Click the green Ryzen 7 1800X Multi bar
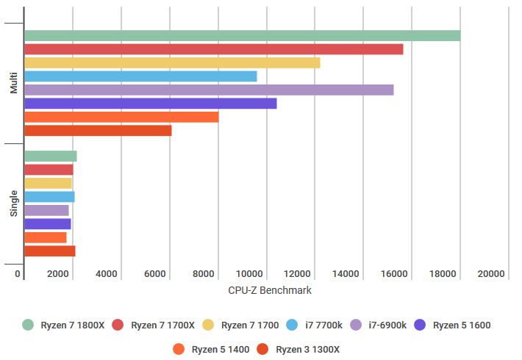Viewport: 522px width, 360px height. click(243, 35)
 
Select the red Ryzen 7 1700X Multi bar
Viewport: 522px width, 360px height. click(214, 49)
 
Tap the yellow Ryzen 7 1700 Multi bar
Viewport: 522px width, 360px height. click(173, 63)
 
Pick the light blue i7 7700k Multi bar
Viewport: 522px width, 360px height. click(141, 76)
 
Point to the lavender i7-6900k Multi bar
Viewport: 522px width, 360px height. click(209, 90)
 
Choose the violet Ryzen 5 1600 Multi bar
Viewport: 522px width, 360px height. click(151, 104)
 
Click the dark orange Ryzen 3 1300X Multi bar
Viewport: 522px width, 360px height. click(99, 131)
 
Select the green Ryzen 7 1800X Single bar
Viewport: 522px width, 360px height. click(51, 156)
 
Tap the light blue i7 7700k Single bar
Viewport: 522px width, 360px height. click(49, 197)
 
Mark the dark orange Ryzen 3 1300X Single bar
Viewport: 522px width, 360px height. click(50, 251)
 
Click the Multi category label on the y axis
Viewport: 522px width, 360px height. click(14, 83)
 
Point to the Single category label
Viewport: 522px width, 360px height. click(14, 204)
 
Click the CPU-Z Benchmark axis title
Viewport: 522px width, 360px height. click(270, 290)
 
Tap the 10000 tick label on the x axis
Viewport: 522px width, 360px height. click(249, 274)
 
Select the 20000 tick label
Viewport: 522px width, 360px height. click(491, 274)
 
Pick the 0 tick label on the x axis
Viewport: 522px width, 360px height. click(18, 274)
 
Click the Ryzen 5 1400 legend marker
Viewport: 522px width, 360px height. click(179, 349)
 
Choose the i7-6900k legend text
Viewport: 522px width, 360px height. click(387, 325)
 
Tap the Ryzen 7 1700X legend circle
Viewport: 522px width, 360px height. click(118, 325)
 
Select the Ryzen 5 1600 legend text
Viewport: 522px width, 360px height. click(462, 325)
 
